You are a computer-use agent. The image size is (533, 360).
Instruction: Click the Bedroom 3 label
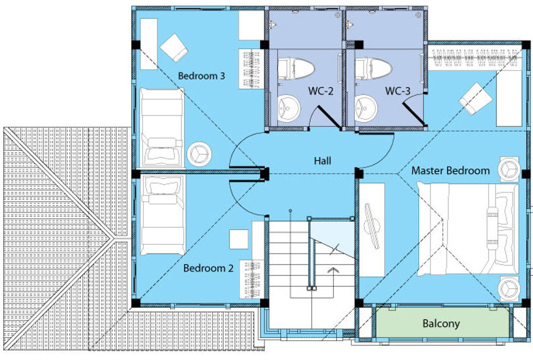(x=201, y=76)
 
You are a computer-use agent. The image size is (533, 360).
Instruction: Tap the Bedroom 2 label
(x=208, y=268)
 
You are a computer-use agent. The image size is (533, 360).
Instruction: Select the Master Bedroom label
(x=450, y=171)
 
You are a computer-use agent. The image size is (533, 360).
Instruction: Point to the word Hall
(x=322, y=161)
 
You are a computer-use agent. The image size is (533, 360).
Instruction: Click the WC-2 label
(x=321, y=91)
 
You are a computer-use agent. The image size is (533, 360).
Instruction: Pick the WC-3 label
(x=398, y=91)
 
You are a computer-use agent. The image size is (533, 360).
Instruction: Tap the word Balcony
(x=441, y=324)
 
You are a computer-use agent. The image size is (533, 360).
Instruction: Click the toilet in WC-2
(x=296, y=68)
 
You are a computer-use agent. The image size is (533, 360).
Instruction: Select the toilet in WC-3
(x=373, y=68)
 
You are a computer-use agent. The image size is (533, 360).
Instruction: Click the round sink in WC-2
(x=289, y=108)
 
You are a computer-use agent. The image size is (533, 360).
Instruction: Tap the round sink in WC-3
(x=366, y=108)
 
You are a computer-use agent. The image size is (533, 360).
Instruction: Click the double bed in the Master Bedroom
(x=468, y=229)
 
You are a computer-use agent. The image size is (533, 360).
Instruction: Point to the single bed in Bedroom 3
(x=162, y=128)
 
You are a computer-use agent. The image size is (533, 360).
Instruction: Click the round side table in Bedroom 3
(x=199, y=154)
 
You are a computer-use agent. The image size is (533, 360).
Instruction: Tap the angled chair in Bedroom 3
(x=175, y=48)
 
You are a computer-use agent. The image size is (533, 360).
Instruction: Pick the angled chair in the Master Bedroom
(x=475, y=99)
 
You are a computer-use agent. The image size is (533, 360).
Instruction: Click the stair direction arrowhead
(x=333, y=270)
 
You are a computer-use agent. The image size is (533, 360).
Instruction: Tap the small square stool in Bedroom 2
(x=239, y=239)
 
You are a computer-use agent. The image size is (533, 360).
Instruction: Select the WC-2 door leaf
(x=329, y=118)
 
